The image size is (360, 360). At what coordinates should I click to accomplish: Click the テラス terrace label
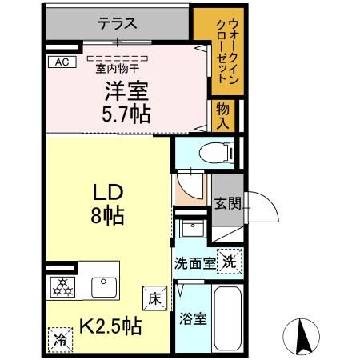pos(118,23)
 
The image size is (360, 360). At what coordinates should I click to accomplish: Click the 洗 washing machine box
pos(229,260)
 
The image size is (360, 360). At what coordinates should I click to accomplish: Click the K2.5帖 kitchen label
pos(110,326)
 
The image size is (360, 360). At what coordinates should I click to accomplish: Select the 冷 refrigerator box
pos(58,337)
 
